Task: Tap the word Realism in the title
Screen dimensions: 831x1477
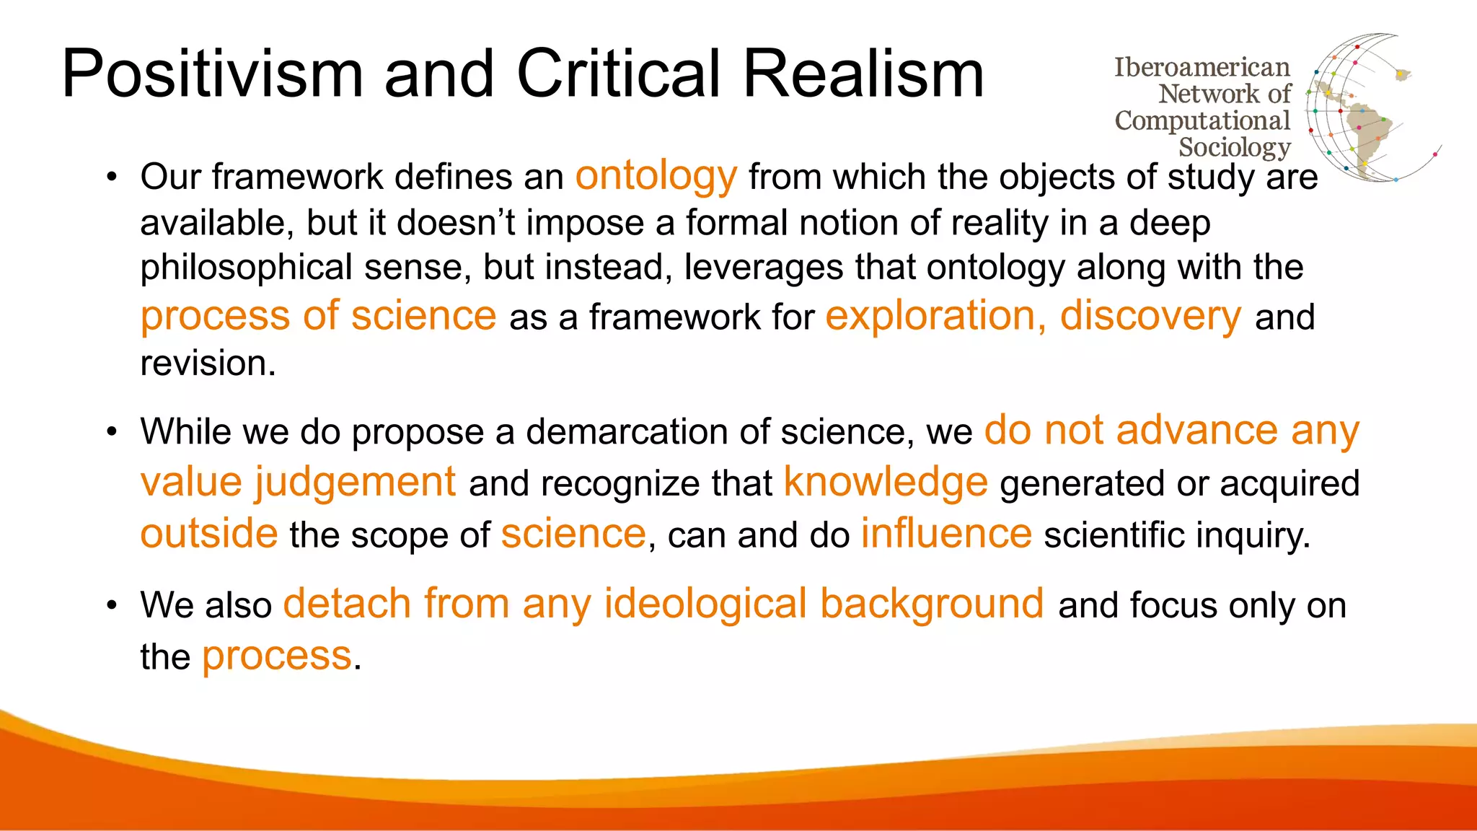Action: coord(863,74)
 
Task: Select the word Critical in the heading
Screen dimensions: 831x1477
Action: coord(618,74)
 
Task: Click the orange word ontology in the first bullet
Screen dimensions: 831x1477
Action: coord(656,176)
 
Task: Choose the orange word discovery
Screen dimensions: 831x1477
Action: coord(1150,316)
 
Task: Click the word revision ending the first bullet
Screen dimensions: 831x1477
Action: coord(207,363)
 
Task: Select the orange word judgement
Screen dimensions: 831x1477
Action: coord(355,482)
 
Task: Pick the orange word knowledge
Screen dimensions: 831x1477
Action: coord(885,482)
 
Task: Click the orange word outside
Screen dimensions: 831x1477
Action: coord(208,534)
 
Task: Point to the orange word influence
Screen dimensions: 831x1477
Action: coord(946,534)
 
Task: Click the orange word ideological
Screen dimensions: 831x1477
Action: coord(705,604)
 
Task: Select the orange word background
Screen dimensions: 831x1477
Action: coord(932,604)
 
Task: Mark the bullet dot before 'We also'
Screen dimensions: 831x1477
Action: coord(111,605)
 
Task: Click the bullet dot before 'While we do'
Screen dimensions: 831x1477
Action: coord(111,432)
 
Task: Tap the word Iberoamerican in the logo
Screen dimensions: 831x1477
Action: coord(1202,67)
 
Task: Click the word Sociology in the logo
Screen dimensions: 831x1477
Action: coord(1234,147)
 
